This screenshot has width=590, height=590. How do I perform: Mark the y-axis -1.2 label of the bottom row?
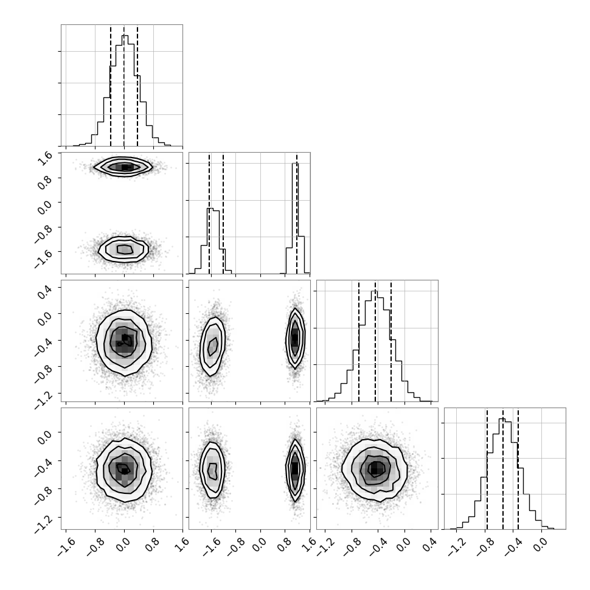[43, 524]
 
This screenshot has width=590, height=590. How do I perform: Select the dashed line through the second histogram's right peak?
[297, 213]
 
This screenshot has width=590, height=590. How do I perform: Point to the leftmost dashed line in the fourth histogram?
[487, 469]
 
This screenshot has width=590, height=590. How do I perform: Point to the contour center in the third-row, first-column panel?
[124, 340]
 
